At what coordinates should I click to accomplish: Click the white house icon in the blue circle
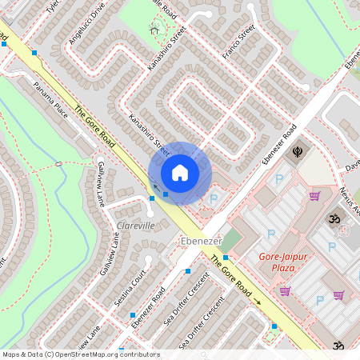coord(180,172)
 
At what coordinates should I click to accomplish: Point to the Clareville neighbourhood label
coord(135,226)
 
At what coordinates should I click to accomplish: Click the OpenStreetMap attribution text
coord(81,354)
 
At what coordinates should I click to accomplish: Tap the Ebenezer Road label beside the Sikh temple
coord(279,144)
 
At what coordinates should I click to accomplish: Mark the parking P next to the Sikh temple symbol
coord(278,179)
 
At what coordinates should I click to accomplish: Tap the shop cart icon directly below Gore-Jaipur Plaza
coord(285,290)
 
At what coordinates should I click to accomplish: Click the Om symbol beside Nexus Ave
coord(330,218)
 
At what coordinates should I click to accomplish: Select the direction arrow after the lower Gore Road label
coord(258,302)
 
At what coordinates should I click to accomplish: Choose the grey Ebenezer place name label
coord(194,240)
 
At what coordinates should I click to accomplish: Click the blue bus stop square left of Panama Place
coord(34,54)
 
